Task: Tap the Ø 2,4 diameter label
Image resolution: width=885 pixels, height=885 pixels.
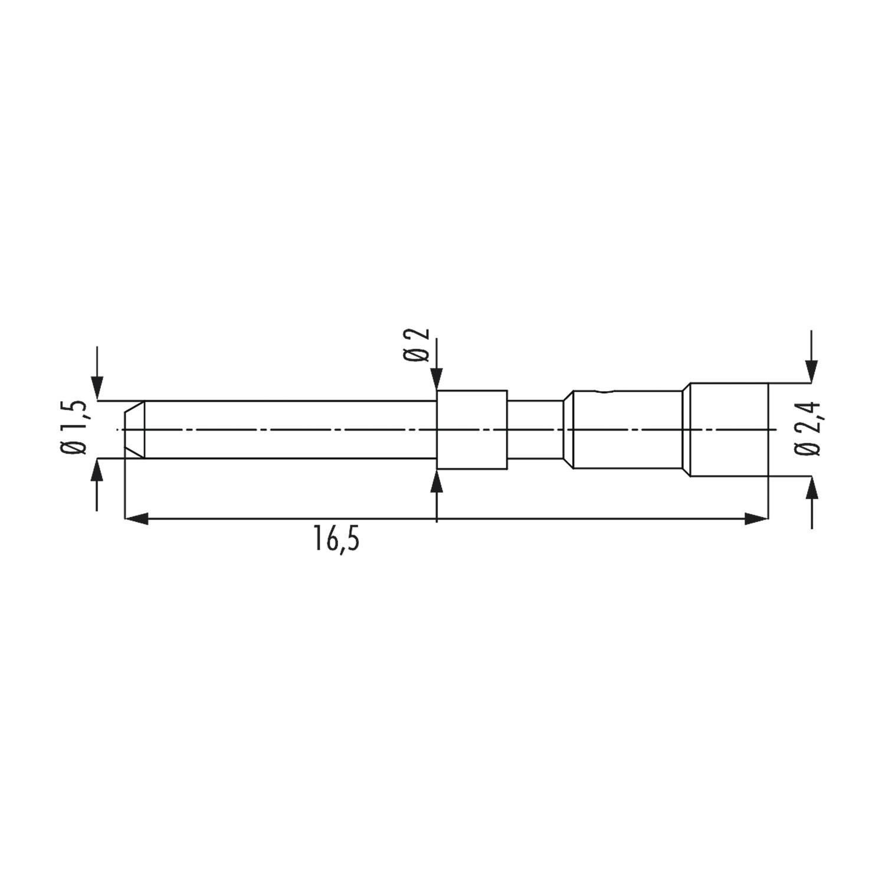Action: [x=807, y=428]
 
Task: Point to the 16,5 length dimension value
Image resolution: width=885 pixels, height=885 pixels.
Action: [x=336, y=540]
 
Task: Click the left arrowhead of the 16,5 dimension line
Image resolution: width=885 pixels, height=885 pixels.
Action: [x=136, y=519]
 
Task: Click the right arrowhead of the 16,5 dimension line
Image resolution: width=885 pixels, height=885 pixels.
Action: [x=757, y=519]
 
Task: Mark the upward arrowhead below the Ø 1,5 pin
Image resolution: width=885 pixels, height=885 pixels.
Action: [x=97, y=469]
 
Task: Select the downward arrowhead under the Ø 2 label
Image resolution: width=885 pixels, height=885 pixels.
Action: [x=437, y=379]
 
